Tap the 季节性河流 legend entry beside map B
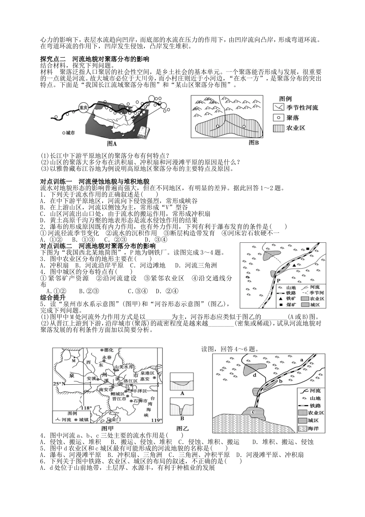pyautogui.click(x=295, y=108)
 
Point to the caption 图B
pyautogui.click(x=254, y=143)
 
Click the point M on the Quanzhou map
pyautogui.click(x=73, y=361)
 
